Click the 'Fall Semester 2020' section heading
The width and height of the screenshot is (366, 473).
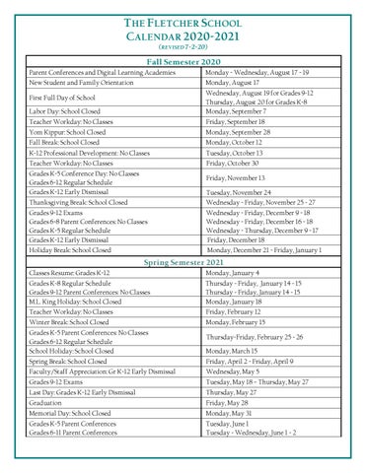pyautogui.click(x=183, y=63)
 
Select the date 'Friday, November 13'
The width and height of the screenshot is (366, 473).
pyautogui.click(x=241, y=178)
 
